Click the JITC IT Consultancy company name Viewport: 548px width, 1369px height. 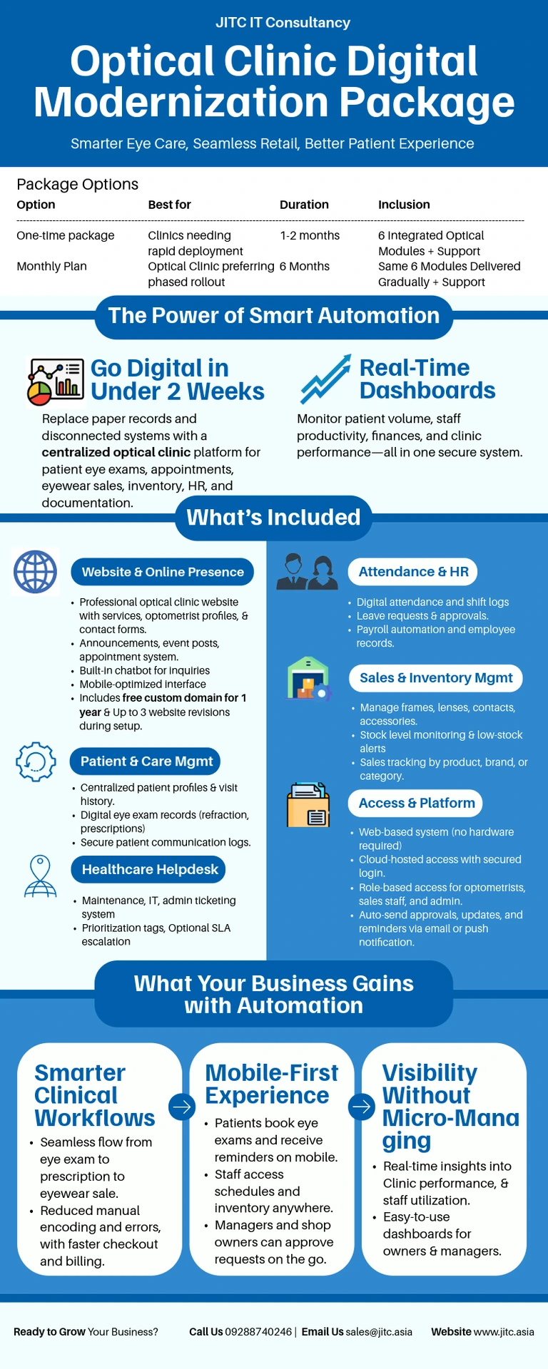pyautogui.click(x=283, y=23)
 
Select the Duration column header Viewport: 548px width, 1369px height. pyautogui.click(x=304, y=205)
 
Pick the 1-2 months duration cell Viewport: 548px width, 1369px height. pyautogui.click(x=310, y=235)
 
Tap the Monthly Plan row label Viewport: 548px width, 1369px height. pyautogui.click(x=51, y=266)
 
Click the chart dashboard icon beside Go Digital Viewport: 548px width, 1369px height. pyautogui.click(x=54, y=381)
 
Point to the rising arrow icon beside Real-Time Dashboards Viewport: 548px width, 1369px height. pyautogui.click(x=325, y=379)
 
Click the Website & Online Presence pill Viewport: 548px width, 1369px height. pyautogui.click(x=163, y=572)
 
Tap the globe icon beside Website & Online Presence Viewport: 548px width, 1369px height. pyautogui.click(x=36, y=572)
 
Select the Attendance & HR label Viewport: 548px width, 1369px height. pyautogui.click(x=413, y=572)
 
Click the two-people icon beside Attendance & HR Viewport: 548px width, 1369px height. pyautogui.click(x=307, y=572)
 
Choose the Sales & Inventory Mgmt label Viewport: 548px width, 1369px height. pyautogui.click(x=436, y=678)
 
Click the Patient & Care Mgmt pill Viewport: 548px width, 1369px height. pyautogui.click(x=146, y=762)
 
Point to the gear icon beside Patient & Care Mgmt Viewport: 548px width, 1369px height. pyautogui.click(x=36, y=762)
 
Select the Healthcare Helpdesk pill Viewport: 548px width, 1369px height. pyautogui.click(x=150, y=869)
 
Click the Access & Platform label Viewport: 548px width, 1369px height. pyautogui.click(x=416, y=803)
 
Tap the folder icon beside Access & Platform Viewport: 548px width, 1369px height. pyautogui.click(x=308, y=805)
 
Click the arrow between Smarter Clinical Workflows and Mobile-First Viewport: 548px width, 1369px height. pyautogui.click(x=182, y=1107)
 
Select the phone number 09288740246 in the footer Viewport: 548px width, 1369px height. pyautogui.click(x=258, y=1332)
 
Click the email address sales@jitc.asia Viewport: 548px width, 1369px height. pyautogui.click(x=379, y=1332)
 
